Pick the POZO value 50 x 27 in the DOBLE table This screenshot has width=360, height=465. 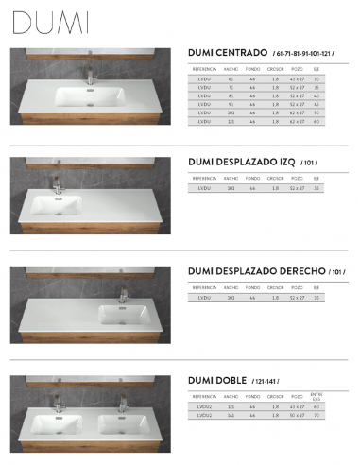pyautogui.click(x=297, y=415)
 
